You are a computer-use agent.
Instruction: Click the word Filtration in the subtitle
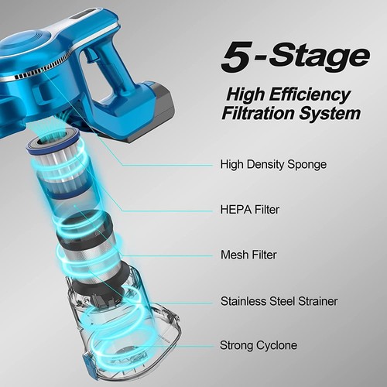[x=258, y=113]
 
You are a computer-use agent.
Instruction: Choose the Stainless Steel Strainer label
[x=283, y=300]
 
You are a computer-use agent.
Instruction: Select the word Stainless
[x=245, y=300]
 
